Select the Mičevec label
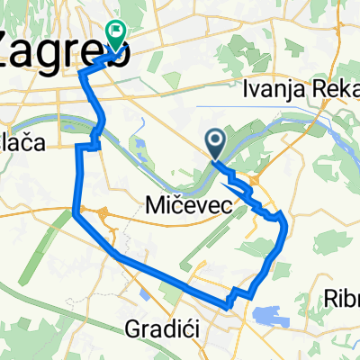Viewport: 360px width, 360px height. (189, 207)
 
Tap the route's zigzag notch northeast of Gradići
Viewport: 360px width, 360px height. (235, 294)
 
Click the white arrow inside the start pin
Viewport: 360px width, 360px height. (216, 139)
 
